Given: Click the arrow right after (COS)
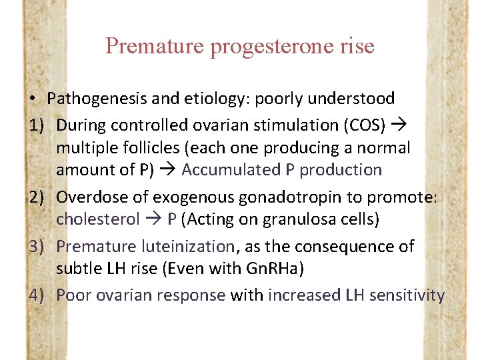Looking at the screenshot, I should (401, 125).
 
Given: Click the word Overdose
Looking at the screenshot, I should (93, 197).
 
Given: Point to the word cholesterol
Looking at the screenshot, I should (98, 219).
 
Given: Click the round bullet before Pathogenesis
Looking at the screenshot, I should (33, 99).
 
